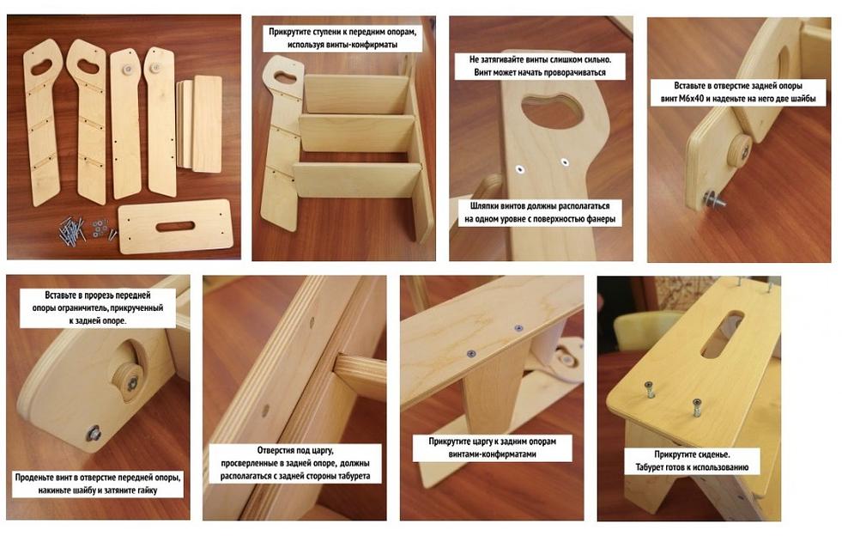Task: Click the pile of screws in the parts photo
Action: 72,231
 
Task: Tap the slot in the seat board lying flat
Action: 175,226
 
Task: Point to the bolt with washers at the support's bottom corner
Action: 713,200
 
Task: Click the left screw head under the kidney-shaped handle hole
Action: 520,169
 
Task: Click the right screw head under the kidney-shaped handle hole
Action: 565,161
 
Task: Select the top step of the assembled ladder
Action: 356,94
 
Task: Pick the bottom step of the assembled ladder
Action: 358,180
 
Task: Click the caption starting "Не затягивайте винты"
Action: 540,65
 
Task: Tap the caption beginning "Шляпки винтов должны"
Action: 540,212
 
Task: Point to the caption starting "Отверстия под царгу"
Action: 294,463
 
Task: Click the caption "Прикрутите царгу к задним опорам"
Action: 492,448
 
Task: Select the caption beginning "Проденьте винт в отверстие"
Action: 98,484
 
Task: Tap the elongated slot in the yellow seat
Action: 722,332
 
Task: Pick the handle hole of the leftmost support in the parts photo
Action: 42,67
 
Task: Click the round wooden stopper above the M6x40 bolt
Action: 740,150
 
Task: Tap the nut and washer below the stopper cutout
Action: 94,432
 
